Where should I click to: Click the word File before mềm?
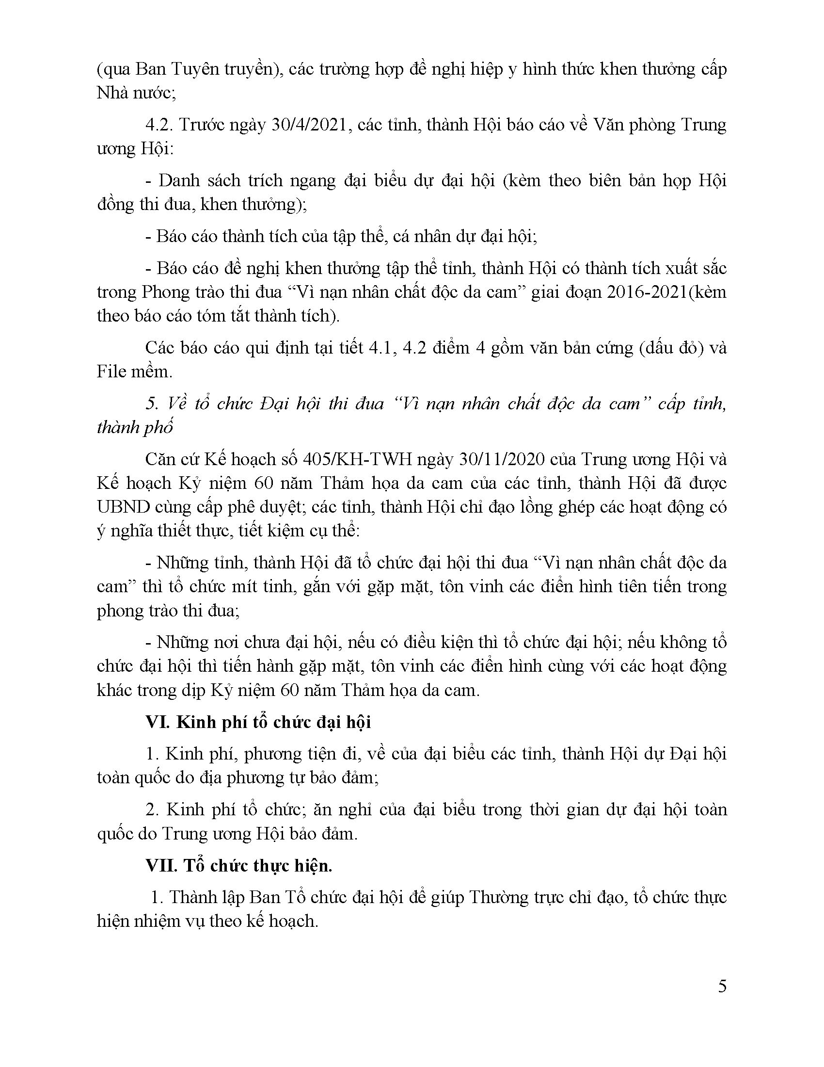(112, 372)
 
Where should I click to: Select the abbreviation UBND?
(123, 507)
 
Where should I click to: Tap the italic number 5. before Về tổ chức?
(152, 404)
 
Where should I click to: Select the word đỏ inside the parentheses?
(688, 348)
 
